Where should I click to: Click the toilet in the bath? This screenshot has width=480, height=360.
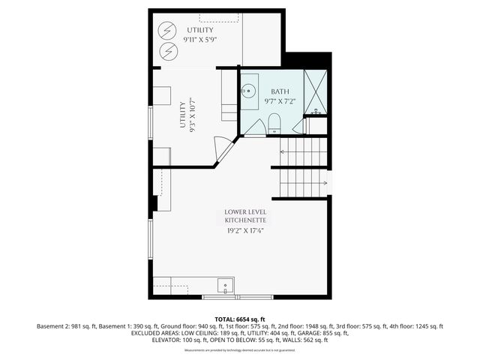tap(274, 124)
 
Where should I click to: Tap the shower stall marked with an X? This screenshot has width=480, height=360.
tap(316, 91)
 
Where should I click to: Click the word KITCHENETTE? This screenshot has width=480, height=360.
tap(245, 220)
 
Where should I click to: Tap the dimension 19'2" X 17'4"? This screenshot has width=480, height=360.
tap(245, 231)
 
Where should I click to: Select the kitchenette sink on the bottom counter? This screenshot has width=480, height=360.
tap(225, 286)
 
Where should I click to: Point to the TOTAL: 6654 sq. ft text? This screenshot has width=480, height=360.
tap(240, 319)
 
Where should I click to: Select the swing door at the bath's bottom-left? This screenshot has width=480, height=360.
tap(254, 128)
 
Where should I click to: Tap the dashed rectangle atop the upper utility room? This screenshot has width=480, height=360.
tap(219, 16)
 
